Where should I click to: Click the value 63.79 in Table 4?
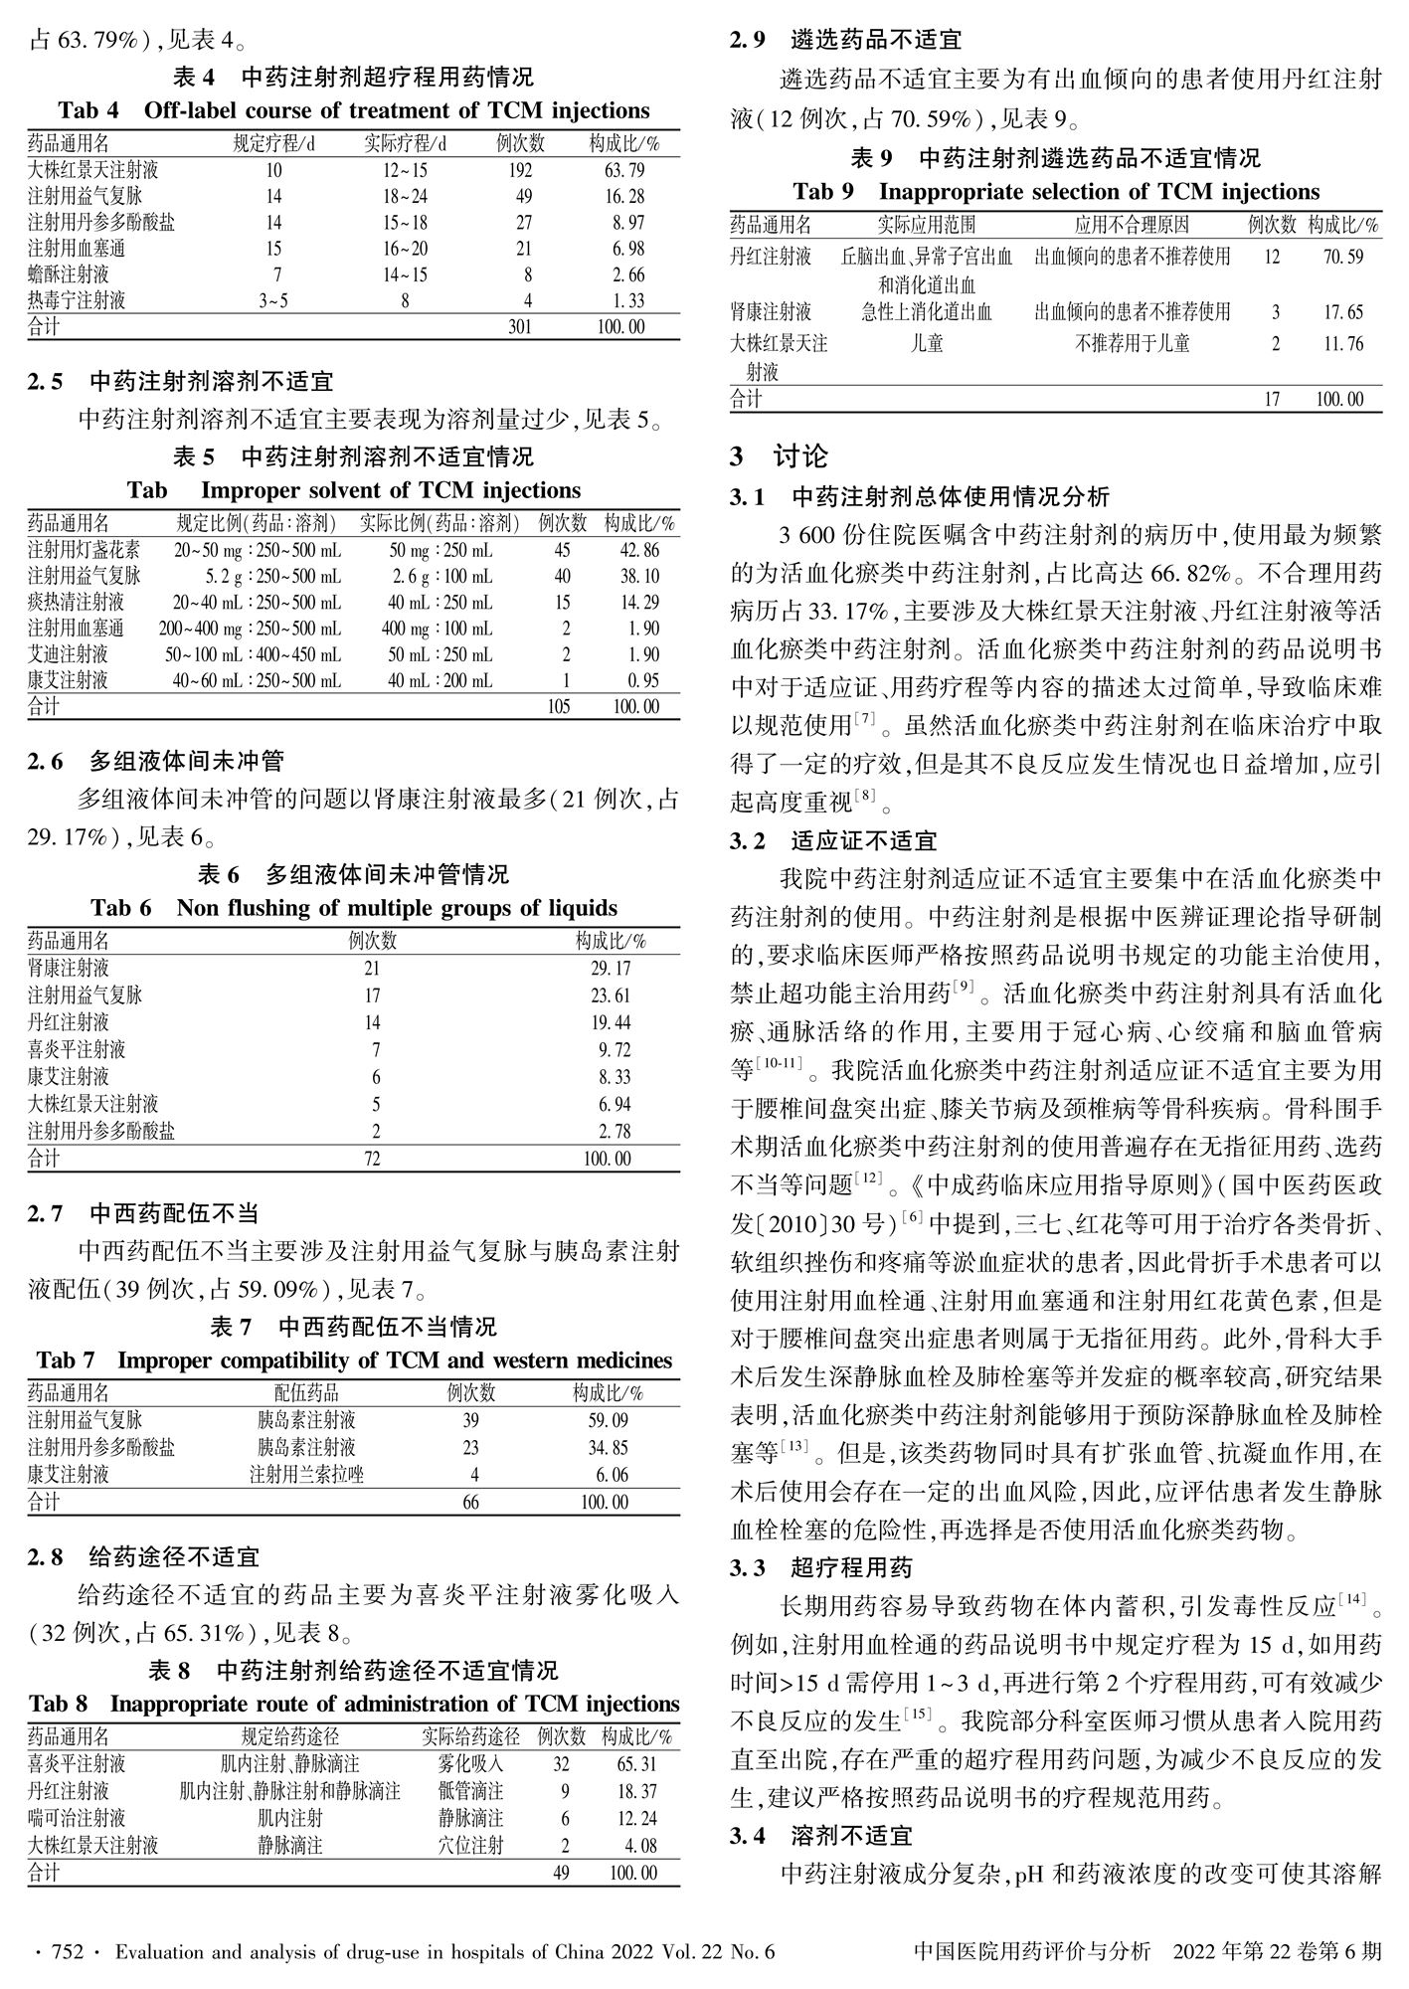pos(624,170)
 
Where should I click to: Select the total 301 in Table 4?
pos(520,327)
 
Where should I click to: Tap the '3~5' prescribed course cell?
pos(273,300)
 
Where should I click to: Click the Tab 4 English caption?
pos(353,110)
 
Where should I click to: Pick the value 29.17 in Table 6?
pos(609,968)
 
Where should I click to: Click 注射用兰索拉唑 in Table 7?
pos(306,1474)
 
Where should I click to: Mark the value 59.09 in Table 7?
pos(608,1420)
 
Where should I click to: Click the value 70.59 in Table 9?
pos(1342,257)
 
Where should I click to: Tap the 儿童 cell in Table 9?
pos(927,344)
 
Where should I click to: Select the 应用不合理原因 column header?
pos(1132,226)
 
